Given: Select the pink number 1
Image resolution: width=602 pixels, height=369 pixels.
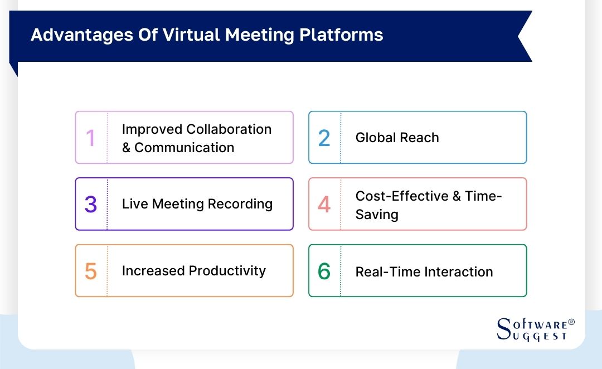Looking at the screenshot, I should [90, 138].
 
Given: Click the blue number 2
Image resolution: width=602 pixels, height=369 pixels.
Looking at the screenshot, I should [324, 138].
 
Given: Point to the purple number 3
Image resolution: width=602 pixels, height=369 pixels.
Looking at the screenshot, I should [90, 205].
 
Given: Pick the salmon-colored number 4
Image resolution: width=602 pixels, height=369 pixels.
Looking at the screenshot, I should [324, 205].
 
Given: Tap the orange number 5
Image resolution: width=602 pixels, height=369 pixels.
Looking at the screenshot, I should [90, 271].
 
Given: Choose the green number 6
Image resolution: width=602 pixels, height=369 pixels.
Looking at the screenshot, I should [324, 271].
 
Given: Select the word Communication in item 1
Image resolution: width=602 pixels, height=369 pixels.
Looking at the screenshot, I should [184, 148].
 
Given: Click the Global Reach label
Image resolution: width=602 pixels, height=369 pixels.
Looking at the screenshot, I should [397, 138].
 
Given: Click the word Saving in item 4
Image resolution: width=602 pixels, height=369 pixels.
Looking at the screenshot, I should [377, 215].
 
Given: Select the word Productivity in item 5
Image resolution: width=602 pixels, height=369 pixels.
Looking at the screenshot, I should [227, 271].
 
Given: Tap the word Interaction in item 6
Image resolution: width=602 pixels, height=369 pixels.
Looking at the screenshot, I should [458, 272].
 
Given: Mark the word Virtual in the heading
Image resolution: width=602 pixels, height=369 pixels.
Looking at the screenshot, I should [190, 35].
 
